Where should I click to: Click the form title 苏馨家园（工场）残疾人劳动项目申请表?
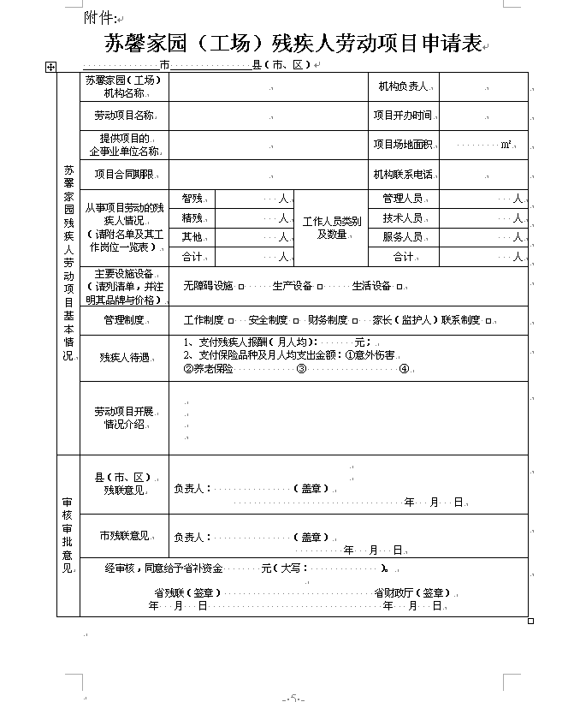coord(292,44)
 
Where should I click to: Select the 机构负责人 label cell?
coord(404,86)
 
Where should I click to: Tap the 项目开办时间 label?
coord(403,115)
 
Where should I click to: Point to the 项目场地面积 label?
coord(403,145)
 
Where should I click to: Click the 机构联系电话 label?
coord(403,175)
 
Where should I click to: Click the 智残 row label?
coord(192,199)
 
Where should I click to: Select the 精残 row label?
coord(192,217)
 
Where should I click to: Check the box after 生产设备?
coord(321,287)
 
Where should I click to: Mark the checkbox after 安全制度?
coord(295,321)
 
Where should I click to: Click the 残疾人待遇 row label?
coord(124,357)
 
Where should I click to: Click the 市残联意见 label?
coord(125,536)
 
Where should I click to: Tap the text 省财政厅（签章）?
coord(411,592)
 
